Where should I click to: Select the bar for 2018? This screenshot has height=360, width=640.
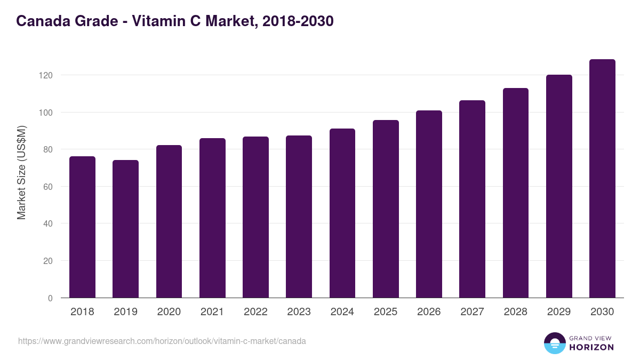82,227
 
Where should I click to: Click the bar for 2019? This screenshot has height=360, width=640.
125,229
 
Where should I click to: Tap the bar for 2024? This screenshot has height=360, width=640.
342,213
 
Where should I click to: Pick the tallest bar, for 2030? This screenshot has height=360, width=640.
602,178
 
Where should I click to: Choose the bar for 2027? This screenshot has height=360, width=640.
472,199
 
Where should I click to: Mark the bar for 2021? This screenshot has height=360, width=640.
212,218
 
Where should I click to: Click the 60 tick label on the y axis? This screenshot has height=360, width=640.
48,187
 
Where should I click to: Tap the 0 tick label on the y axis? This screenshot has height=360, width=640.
50,298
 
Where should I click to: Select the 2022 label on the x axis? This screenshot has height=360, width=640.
255,312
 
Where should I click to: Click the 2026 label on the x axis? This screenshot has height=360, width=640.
429,312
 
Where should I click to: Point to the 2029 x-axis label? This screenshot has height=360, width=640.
559,312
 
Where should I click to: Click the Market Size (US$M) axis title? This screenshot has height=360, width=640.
21,172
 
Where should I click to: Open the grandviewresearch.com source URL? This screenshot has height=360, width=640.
162,341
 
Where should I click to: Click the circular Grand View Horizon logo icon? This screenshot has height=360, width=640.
554,343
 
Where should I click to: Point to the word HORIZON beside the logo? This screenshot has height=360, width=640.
591,347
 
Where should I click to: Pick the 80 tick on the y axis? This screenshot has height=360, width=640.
48,149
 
